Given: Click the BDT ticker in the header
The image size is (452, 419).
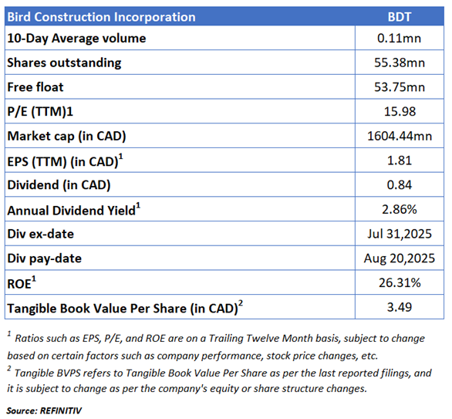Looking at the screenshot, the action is point(400,17).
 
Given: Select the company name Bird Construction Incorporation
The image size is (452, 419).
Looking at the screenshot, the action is point(102,17).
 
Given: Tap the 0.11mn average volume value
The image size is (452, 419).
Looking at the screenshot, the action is point(400,38).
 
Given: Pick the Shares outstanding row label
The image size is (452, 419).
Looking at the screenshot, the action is point(64,63).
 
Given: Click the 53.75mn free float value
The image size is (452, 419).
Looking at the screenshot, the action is point(400,87).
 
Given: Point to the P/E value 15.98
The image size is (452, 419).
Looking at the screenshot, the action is point(400,112).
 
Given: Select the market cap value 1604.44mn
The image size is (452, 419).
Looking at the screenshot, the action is point(400,136).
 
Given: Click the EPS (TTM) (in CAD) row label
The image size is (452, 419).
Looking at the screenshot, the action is point(65,161).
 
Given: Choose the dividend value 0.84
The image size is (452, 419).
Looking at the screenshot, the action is point(400,185).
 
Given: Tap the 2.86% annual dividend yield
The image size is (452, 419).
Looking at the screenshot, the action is point(400,209).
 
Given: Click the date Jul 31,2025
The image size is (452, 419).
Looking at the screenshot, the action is point(400,234).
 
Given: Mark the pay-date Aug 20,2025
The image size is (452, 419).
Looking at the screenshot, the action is point(400,258).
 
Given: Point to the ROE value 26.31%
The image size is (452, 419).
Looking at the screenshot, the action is point(400,283).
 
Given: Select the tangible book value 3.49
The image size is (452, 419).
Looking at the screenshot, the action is point(400,307).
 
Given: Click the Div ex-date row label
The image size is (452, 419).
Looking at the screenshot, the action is point(41,234).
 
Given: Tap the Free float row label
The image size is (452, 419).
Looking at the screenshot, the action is point(35,87).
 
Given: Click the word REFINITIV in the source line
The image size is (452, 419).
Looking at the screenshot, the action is point(61,411).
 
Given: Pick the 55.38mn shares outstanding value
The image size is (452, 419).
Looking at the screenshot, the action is point(400,63).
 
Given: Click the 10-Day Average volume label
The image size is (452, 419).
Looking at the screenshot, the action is point(76,39).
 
